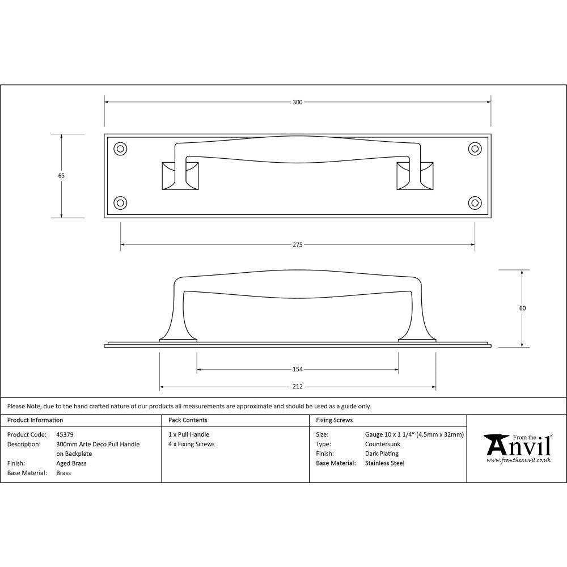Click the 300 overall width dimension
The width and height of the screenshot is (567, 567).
(x=298, y=102)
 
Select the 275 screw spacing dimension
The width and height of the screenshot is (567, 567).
(x=298, y=245)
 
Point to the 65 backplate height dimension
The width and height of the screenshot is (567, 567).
(x=61, y=176)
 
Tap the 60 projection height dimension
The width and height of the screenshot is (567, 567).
(x=522, y=308)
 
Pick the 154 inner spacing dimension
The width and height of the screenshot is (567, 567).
(x=298, y=370)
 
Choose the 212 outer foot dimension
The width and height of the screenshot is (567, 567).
(x=298, y=387)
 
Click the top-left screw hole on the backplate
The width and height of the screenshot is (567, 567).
(x=120, y=149)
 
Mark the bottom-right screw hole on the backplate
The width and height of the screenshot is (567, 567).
(x=475, y=202)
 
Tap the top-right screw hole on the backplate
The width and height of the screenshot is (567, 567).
(x=475, y=149)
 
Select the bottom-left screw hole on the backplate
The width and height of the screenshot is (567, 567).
(x=120, y=202)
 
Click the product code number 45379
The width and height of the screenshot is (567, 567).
(x=65, y=435)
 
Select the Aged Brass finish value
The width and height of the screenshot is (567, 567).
(x=71, y=463)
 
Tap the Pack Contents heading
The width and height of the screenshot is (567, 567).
(x=188, y=420)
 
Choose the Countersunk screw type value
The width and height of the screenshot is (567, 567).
(x=383, y=444)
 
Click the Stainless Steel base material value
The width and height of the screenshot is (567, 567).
(x=384, y=463)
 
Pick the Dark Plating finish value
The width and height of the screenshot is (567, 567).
(x=382, y=454)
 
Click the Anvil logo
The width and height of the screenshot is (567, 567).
(x=517, y=448)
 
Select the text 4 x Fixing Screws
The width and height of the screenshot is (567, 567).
(x=192, y=444)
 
